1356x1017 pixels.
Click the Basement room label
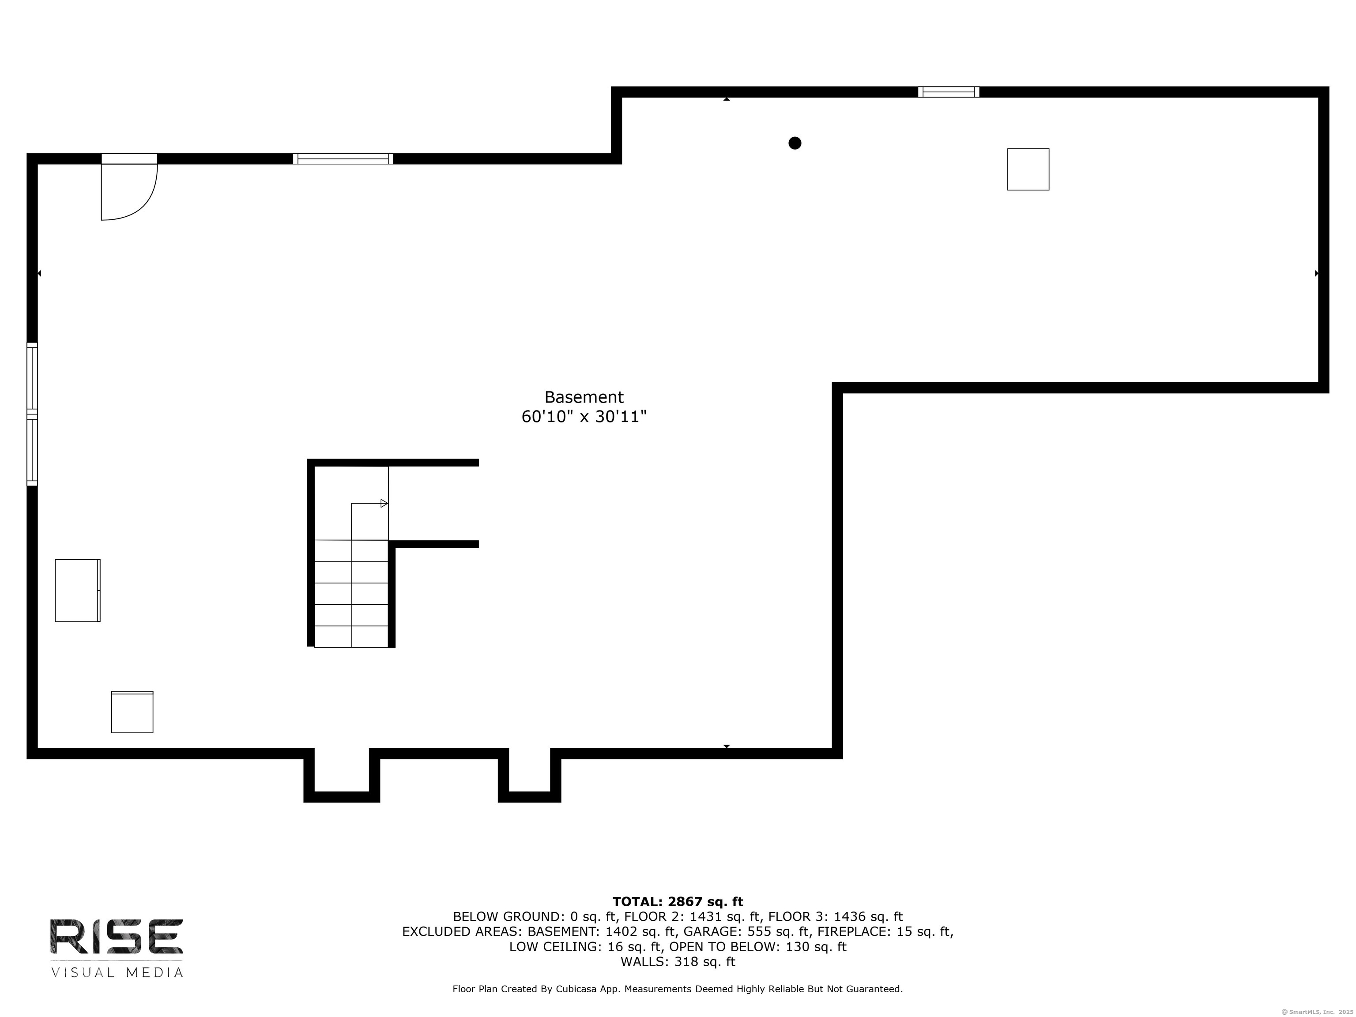(x=584, y=397)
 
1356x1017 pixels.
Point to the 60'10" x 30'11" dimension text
(x=584, y=417)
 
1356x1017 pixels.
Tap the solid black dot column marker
(x=795, y=143)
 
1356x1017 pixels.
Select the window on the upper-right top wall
(x=948, y=92)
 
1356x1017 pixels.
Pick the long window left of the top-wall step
(x=343, y=159)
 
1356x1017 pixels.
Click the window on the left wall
(x=32, y=414)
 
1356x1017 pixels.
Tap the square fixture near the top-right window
(x=1028, y=169)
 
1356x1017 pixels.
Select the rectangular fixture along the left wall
(x=77, y=590)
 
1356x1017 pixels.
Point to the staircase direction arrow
(x=384, y=503)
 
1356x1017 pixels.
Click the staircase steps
(x=351, y=593)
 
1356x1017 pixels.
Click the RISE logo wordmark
(x=117, y=936)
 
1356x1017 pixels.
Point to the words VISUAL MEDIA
(x=117, y=973)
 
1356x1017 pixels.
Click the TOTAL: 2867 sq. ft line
(x=678, y=902)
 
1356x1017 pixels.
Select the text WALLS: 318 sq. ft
(x=678, y=962)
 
